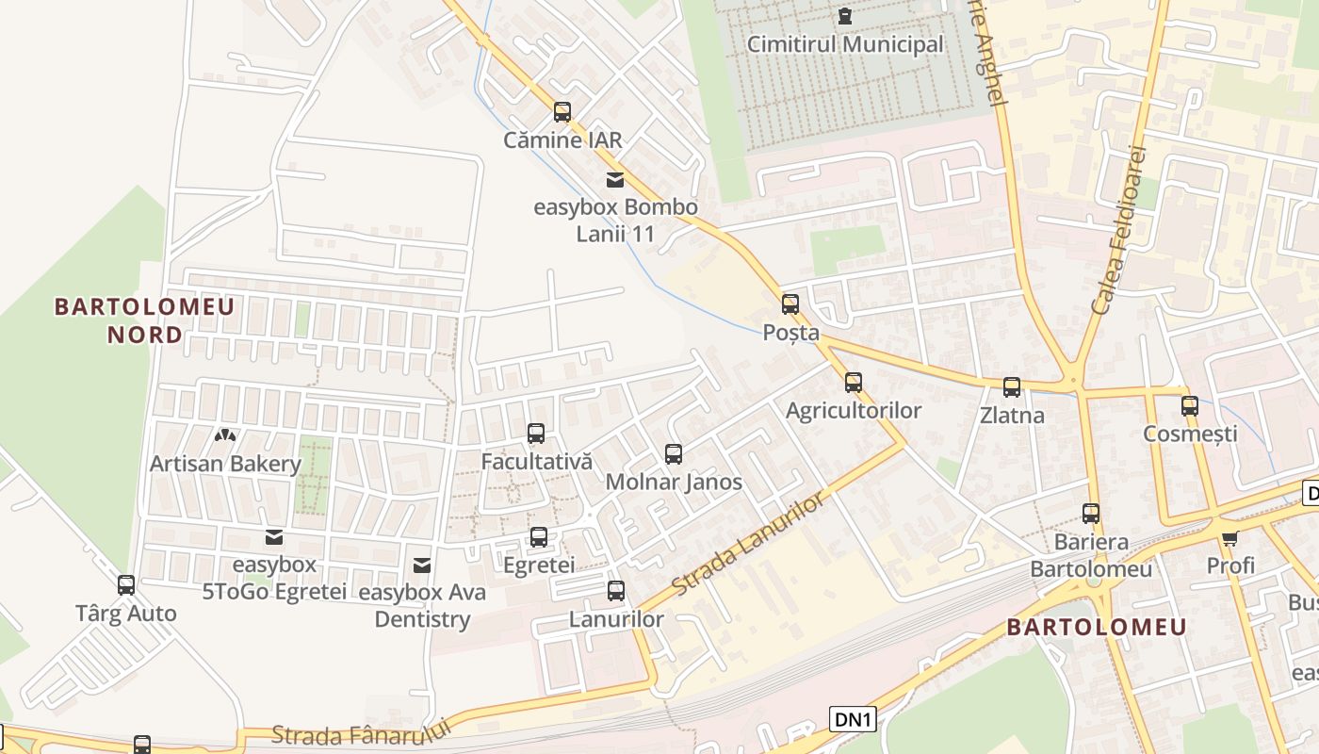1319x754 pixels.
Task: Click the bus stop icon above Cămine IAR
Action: click(x=562, y=112)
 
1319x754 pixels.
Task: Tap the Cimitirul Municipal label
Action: click(x=844, y=44)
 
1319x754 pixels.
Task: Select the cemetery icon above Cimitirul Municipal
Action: click(x=844, y=15)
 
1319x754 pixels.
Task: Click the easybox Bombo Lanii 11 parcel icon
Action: click(x=614, y=179)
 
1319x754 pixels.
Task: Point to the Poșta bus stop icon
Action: click(x=790, y=304)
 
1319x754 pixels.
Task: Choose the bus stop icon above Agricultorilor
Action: click(x=854, y=383)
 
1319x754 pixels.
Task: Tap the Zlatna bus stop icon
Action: click(x=1012, y=387)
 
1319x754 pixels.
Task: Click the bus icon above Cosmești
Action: click(x=1190, y=406)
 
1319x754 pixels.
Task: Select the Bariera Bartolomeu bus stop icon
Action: click(x=1091, y=514)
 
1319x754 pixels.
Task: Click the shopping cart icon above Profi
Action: click(x=1229, y=538)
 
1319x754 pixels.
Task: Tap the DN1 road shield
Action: click(x=855, y=720)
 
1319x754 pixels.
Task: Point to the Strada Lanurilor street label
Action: click(x=750, y=545)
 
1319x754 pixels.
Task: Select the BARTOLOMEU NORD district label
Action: click(x=144, y=320)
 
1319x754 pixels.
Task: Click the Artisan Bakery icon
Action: click(x=225, y=435)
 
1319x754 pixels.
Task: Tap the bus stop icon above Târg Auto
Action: click(x=126, y=585)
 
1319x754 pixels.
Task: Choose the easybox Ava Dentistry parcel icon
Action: click(x=422, y=565)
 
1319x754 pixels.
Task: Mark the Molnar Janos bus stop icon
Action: click(x=674, y=454)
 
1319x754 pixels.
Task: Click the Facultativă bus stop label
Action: click(x=536, y=462)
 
